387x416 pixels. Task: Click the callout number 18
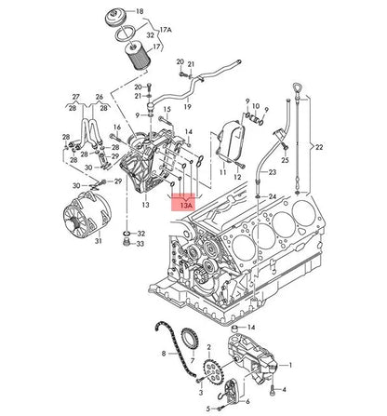[166, 11]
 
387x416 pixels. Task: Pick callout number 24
[272, 196]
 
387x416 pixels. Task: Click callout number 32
[140, 233]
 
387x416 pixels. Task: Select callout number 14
[248, 329]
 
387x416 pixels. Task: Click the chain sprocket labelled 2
[209, 377]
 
